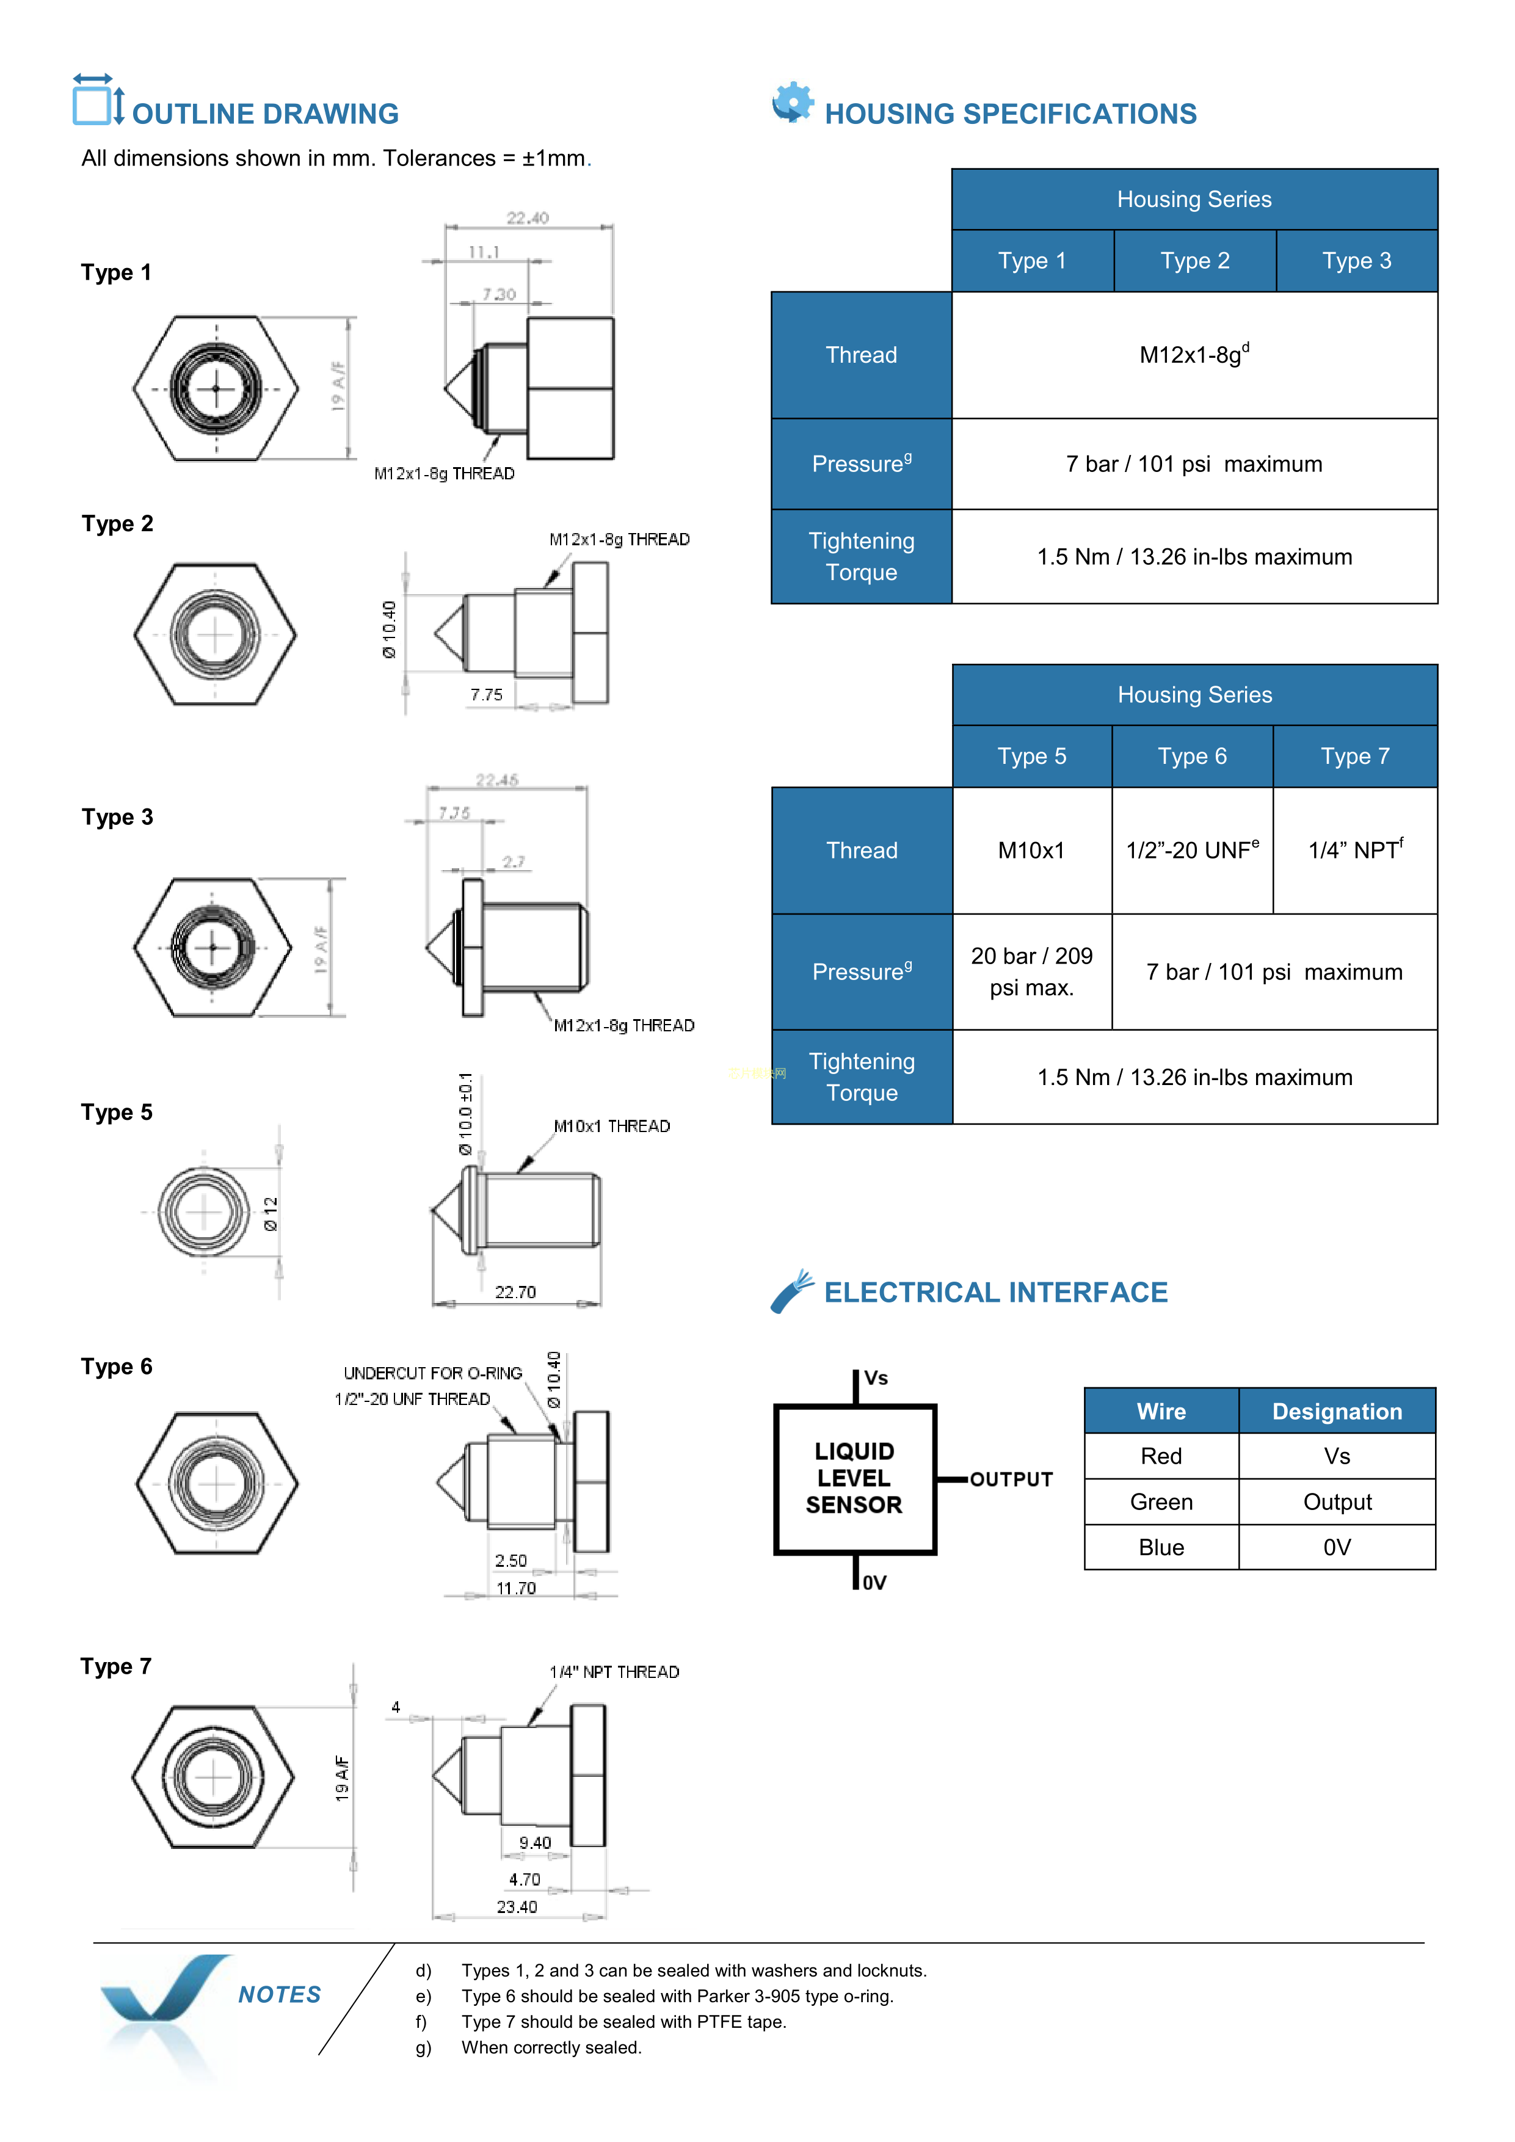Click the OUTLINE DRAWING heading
(x=265, y=114)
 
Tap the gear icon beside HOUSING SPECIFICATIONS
(x=792, y=102)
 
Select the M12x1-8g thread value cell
(x=1193, y=355)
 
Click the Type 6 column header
(x=1191, y=757)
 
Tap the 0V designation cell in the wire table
(x=1336, y=1548)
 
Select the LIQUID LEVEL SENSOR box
(x=854, y=1479)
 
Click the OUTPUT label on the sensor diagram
(x=1011, y=1479)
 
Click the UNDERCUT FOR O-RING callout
(x=433, y=1373)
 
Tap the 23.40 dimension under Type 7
(x=517, y=1907)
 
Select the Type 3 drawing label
(x=117, y=817)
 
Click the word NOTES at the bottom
(x=280, y=1995)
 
